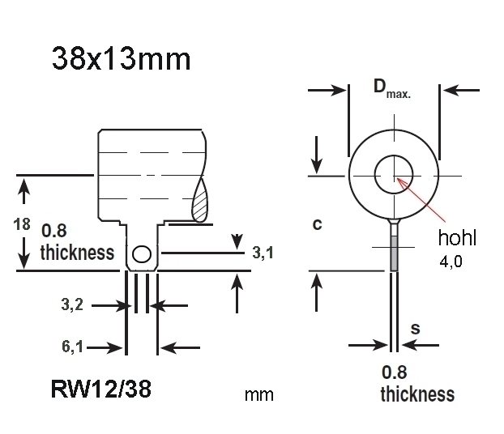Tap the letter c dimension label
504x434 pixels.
click(317, 224)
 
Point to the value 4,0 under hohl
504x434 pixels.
click(451, 263)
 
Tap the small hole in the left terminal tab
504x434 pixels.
click(141, 255)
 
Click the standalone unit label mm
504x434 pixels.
click(258, 396)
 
